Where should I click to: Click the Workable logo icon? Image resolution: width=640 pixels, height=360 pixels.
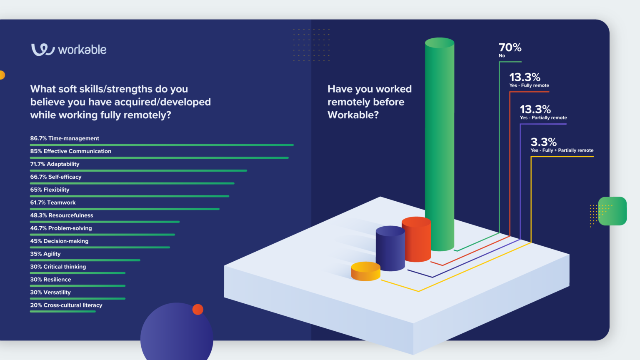click(x=43, y=50)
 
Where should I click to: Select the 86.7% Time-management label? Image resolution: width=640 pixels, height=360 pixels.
click(x=65, y=138)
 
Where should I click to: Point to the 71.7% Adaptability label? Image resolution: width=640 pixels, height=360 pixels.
click(x=55, y=164)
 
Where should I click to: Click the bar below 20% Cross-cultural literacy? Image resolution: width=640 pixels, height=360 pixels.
click(x=63, y=311)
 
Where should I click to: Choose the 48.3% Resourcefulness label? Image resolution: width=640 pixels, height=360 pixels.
click(x=62, y=215)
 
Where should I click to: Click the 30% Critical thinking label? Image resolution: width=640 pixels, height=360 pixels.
click(x=58, y=267)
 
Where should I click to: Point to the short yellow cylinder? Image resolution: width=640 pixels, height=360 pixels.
click(x=365, y=271)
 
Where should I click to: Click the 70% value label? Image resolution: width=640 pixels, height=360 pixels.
click(x=510, y=47)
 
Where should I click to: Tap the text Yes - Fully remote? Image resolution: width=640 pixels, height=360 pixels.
click(x=529, y=85)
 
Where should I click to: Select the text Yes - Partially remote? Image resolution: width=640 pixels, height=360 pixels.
click(x=543, y=118)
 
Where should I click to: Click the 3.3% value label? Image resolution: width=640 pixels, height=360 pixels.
click(x=543, y=142)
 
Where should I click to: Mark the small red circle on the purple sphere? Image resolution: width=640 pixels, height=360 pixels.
click(x=198, y=310)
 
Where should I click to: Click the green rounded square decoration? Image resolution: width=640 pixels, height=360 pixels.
click(x=612, y=211)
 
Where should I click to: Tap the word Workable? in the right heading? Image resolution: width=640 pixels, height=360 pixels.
click(x=353, y=115)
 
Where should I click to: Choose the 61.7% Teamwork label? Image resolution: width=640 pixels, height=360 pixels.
click(x=53, y=202)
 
